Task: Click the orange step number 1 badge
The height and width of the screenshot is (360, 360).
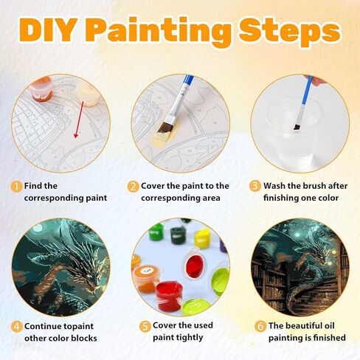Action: tap(17, 187)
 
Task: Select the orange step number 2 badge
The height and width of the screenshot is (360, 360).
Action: tap(133, 187)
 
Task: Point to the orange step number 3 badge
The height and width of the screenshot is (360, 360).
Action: tap(255, 186)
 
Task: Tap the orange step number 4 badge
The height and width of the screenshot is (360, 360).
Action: tap(17, 327)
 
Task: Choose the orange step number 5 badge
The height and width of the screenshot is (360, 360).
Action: tap(145, 326)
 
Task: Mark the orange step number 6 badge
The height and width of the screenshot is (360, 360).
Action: tap(260, 326)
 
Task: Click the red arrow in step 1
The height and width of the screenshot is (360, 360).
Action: tap(79, 120)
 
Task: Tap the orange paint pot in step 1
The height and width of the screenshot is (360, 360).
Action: tap(42, 89)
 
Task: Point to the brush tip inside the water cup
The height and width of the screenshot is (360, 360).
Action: tap(297, 127)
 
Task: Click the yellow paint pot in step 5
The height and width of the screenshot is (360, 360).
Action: tap(202, 238)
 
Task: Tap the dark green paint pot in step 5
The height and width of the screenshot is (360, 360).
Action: tap(178, 235)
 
